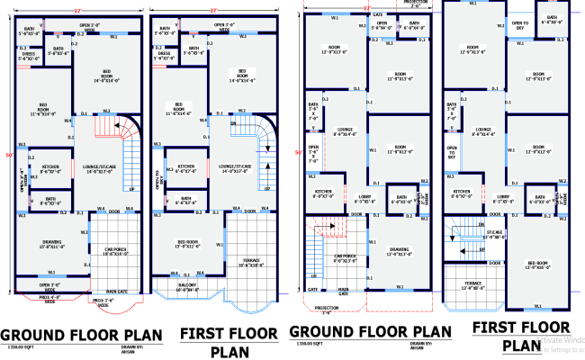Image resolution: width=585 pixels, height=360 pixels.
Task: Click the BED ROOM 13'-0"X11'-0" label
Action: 186,244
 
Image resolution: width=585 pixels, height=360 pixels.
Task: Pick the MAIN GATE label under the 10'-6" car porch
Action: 117,292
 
